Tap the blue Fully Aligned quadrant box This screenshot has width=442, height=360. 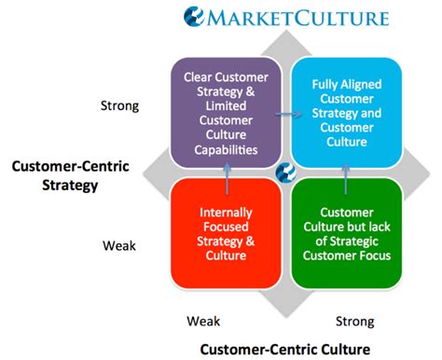click(346, 111)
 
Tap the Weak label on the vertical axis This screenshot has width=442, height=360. click(119, 245)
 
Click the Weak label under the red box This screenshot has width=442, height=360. click(203, 320)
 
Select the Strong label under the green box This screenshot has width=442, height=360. click(355, 320)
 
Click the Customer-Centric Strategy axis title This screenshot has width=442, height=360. click(64, 176)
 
